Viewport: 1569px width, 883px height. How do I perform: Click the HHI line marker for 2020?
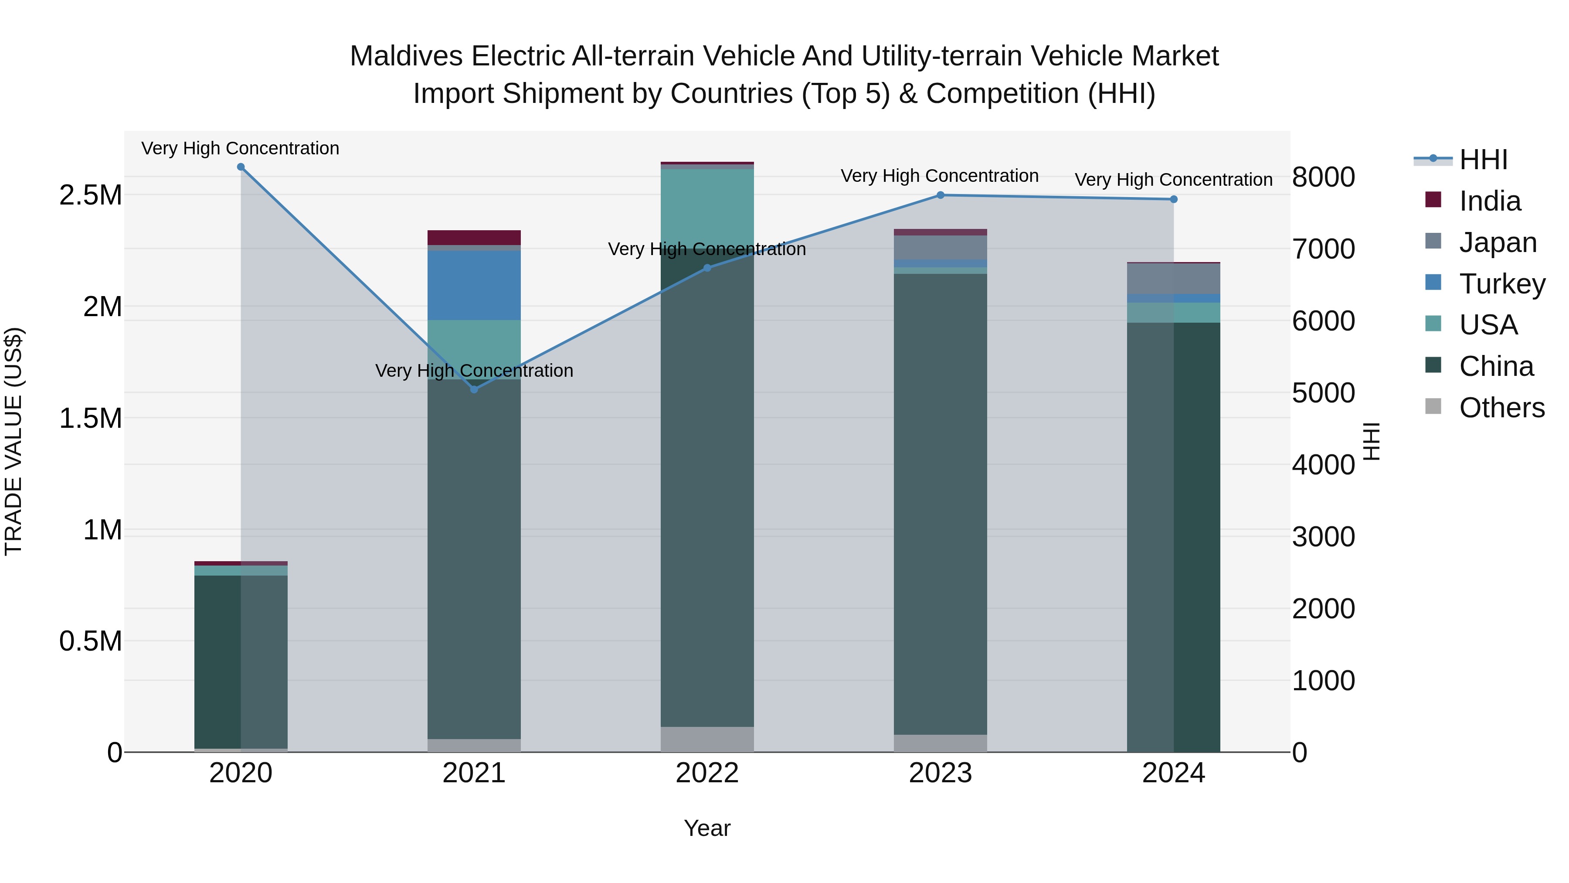[x=241, y=167]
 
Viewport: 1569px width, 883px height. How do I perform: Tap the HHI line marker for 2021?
[x=474, y=389]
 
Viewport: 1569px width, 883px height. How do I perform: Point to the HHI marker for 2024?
[x=1174, y=199]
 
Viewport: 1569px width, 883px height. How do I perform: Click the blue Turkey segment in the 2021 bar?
[x=474, y=285]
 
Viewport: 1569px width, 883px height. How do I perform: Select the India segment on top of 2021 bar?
[x=474, y=238]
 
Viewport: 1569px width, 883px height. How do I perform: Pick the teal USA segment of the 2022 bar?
[x=707, y=204]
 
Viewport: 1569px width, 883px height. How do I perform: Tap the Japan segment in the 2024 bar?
[x=1174, y=279]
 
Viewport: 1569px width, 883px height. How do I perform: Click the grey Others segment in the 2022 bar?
[x=707, y=739]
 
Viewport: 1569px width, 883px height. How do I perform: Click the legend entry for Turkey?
[x=1502, y=284]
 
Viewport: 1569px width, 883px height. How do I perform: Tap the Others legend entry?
[x=1501, y=408]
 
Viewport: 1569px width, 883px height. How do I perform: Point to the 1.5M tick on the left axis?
[x=91, y=419]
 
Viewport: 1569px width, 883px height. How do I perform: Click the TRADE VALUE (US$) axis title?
[x=14, y=441]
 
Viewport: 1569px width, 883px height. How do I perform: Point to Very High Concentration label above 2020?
[x=241, y=149]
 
